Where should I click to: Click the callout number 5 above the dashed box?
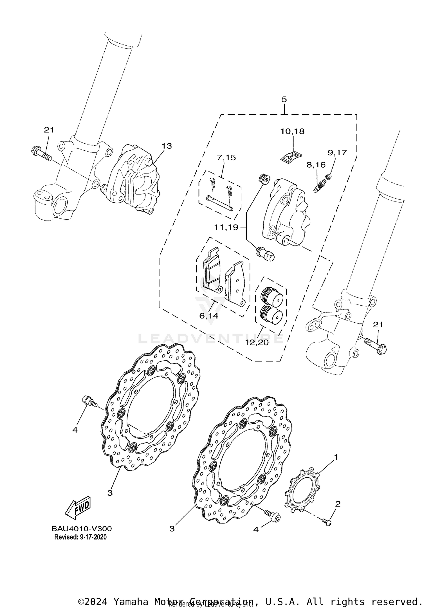pos(284,99)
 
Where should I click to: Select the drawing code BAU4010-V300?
pos(81,528)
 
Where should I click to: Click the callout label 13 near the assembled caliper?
pos(167,146)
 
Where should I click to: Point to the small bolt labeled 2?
pos(328,522)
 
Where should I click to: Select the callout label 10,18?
pos(292,131)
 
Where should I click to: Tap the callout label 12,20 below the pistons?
pos(256,342)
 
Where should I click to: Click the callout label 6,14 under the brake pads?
pos(209,316)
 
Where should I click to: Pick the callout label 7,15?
pos(226,158)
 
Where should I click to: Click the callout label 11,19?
pos(226,227)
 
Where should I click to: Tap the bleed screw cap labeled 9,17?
pos(328,176)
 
